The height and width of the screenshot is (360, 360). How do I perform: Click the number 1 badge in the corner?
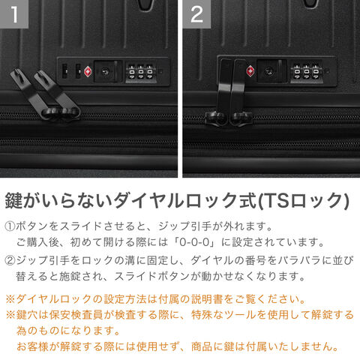(x=14, y=14)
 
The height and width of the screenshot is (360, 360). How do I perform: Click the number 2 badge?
(x=196, y=14)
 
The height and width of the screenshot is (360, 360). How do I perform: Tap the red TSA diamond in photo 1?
(x=88, y=71)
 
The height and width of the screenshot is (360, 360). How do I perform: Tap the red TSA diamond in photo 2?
(x=250, y=70)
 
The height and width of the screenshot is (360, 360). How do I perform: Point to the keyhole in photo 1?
(x=105, y=72)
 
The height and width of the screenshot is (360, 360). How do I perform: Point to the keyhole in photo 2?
(x=268, y=71)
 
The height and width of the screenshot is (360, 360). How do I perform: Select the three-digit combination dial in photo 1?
(x=141, y=73)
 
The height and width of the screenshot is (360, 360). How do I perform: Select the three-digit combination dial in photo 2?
(x=306, y=72)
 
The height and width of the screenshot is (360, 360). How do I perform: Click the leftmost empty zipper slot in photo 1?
(x=64, y=71)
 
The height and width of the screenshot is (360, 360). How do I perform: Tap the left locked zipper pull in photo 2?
(x=220, y=92)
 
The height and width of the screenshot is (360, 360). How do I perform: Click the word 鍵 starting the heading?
(x=14, y=200)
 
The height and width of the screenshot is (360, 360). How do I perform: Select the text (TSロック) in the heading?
(x=303, y=200)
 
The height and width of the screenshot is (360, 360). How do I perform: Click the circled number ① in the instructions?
(x=10, y=226)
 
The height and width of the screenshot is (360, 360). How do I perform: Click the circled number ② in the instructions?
(x=10, y=260)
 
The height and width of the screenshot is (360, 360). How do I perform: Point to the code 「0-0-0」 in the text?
(x=195, y=242)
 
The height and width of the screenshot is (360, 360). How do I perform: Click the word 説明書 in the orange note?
(x=207, y=299)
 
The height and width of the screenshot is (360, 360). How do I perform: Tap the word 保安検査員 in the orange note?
(x=76, y=315)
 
